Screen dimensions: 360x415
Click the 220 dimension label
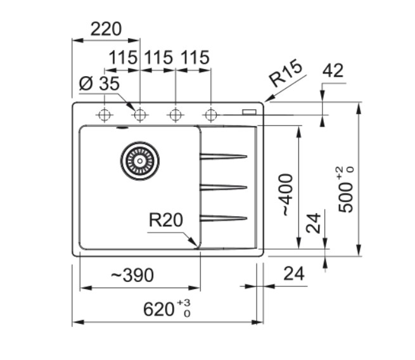[x=105, y=29]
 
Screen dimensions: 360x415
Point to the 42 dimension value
[x=333, y=70]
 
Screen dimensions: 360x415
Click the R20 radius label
[x=165, y=221]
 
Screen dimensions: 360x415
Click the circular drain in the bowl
[x=139, y=160]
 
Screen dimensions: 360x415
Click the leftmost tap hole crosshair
[x=104, y=115]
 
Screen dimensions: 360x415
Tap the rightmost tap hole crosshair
[x=211, y=115]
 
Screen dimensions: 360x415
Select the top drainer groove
[x=223, y=156]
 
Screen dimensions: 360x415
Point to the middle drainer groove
[x=223, y=187]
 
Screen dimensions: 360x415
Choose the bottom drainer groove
[x=223, y=218]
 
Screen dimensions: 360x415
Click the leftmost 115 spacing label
[x=123, y=58]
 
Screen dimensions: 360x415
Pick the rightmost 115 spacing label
[x=195, y=58]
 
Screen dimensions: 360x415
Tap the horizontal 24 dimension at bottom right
[x=293, y=274]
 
